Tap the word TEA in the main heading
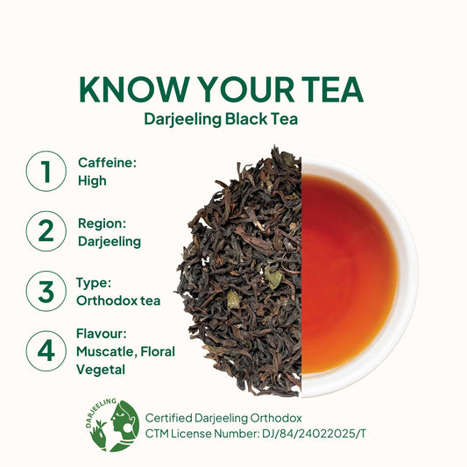click(333, 89)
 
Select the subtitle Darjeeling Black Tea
click(221, 120)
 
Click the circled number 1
click(46, 171)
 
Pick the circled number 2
click(46, 231)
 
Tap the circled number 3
click(46, 291)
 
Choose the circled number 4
click(46, 350)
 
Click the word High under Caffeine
click(92, 181)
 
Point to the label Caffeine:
click(107, 163)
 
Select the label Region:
click(102, 223)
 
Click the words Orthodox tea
click(118, 301)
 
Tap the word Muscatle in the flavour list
click(106, 351)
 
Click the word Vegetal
click(101, 370)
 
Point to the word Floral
click(158, 351)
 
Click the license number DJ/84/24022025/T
click(314, 434)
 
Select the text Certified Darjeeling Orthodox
click(223, 418)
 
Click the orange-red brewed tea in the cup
click(349, 274)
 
